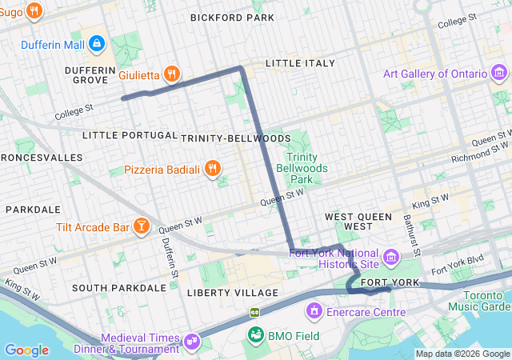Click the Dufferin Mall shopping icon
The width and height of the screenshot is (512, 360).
coord(97,42)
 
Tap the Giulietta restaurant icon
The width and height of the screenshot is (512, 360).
coord(171,74)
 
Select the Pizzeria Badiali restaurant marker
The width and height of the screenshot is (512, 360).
coord(212,168)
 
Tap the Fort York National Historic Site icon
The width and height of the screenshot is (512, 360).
coord(391,257)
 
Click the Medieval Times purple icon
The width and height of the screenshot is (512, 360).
coord(192,341)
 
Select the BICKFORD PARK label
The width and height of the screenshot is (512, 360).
coord(232,17)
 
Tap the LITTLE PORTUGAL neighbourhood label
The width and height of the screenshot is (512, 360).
coord(130,135)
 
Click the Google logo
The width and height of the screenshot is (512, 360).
coord(27,350)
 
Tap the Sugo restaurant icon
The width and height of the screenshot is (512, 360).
coord(34,10)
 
